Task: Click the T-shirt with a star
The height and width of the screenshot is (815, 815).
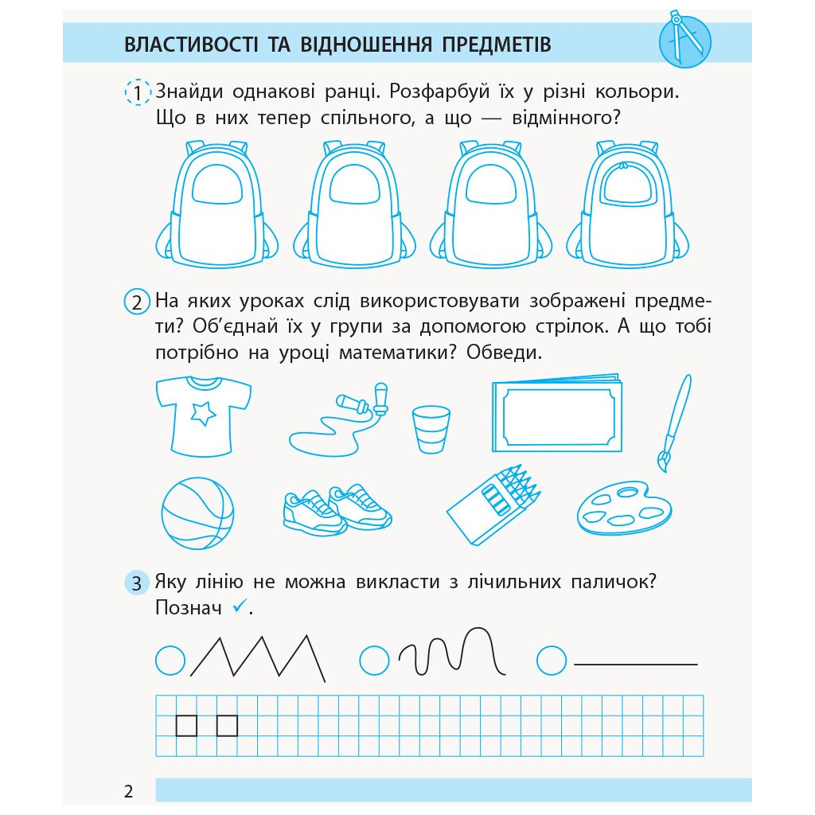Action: pyautogui.click(x=203, y=415)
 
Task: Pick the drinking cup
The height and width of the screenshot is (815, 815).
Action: pyautogui.click(x=431, y=429)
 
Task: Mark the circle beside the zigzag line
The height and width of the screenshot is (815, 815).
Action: pyautogui.click(x=170, y=660)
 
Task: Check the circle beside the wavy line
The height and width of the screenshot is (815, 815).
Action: pyautogui.click(x=374, y=660)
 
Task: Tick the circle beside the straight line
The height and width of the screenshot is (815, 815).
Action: pyautogui.click(x=552, y=660)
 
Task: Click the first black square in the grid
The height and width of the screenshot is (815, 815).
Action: pyautogui.click(x=186, y=725)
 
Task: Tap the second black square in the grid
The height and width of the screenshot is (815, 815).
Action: pyautogui.click(x=227, y=725)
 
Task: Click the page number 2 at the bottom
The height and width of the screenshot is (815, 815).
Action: pyautogui.click(x=129, y=792)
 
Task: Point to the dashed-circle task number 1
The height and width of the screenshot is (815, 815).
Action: pyautogui.click(x=138, y=93)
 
